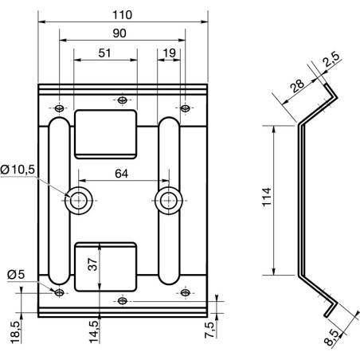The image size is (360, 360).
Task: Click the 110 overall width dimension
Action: pos(122,14)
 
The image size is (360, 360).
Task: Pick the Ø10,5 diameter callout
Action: pos(17,170)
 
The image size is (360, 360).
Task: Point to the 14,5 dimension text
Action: pos(93,329)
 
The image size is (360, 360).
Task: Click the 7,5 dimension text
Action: pos(209,329)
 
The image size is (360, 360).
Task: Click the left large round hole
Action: pos(78,200)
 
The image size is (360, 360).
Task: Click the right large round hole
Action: pos(167,200)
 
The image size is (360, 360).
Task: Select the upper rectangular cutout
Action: pos(106,133)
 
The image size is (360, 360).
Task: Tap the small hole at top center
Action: pos(121,100)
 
